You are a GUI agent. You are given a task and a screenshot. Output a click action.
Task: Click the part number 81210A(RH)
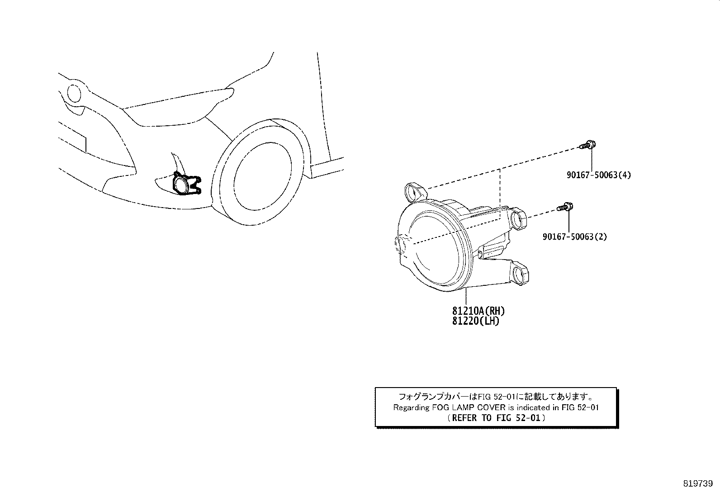[x=478, y=311]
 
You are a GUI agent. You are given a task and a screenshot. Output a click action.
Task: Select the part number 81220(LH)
[x=476, y=321]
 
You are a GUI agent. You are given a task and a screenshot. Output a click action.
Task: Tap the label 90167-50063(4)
[x=598, y=175]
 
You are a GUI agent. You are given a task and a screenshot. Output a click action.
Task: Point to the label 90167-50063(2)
[x=575, y=237]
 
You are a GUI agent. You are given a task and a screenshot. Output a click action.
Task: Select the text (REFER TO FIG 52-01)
[x=496, y=418]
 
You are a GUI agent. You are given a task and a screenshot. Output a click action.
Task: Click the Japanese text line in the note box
[x=496, y=396]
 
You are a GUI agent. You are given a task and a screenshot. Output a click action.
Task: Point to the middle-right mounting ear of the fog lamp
[x=517, y=218]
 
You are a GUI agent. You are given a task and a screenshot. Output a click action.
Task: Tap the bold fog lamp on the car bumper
[x=186, y=185]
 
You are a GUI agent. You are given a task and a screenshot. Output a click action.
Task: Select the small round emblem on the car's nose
[x=74, y=93]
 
